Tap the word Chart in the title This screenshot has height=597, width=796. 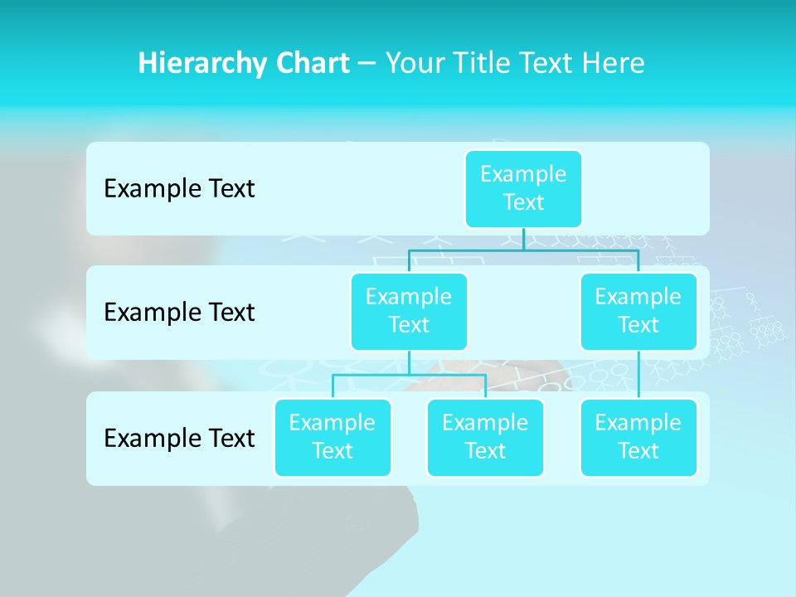coord(311,63)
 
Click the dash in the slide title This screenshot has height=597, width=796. coord(366,64)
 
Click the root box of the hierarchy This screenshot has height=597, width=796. coord(523,188)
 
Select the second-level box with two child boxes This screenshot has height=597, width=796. coord(409,311)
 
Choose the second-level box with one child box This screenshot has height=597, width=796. coord(638,311)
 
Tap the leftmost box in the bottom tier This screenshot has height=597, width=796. coord(332,437)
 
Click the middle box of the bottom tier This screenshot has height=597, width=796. coord(485,437)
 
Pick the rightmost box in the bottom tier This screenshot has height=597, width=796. coord(638,437)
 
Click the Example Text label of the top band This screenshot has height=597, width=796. coord(179,189)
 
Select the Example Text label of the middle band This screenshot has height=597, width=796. coord(179,313)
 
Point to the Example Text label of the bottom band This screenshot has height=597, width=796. coord(179,438)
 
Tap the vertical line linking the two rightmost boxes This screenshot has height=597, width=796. coord(638,375)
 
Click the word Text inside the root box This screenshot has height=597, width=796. coord(523,202)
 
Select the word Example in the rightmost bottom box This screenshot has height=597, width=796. coord(638,423)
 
